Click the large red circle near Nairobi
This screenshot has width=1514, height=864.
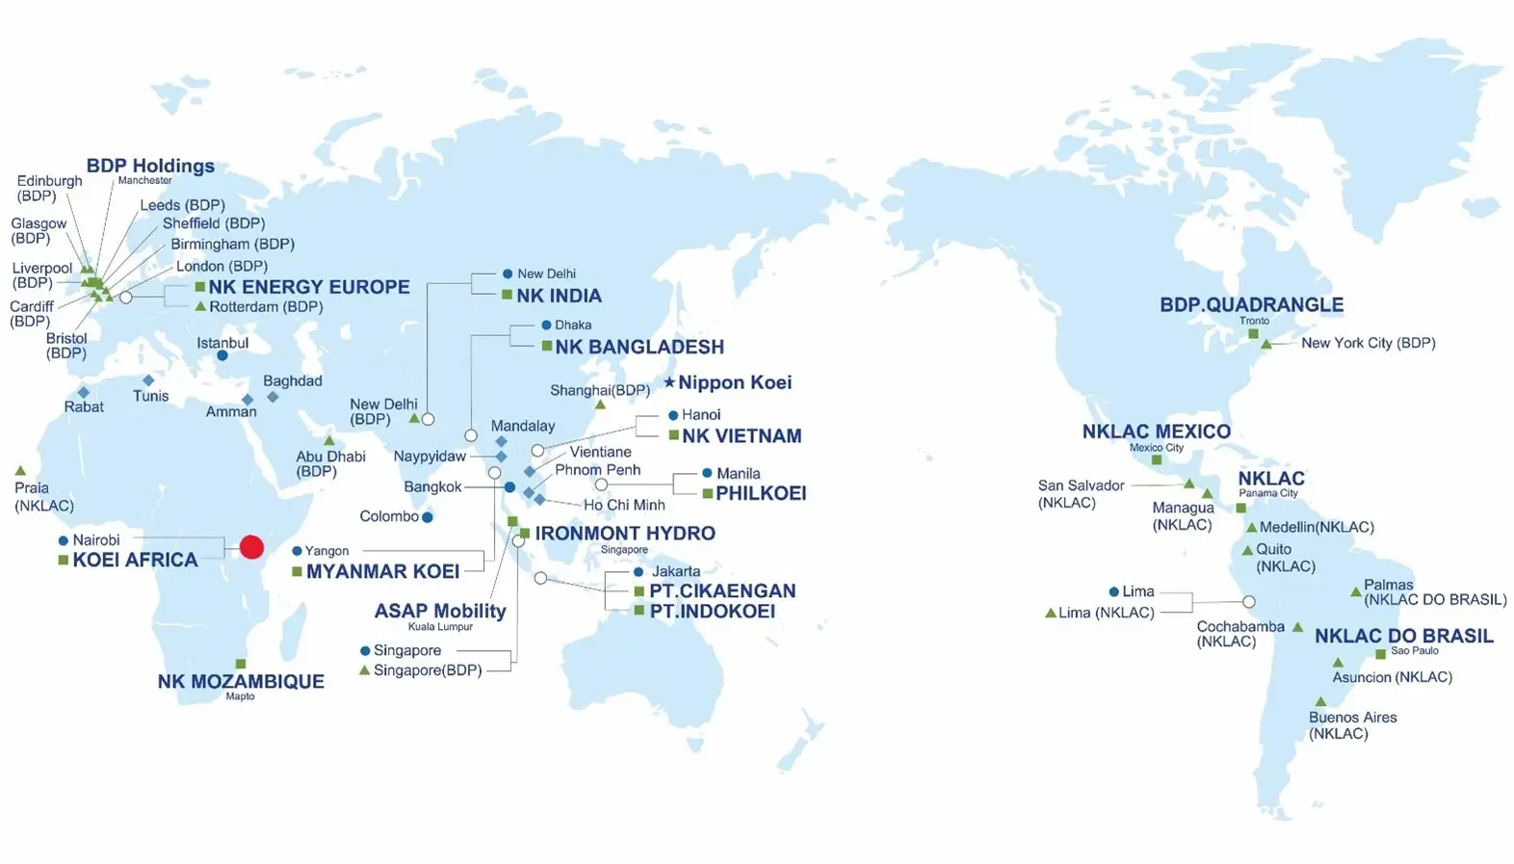point(251,547)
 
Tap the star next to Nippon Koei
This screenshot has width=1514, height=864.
point(669,382)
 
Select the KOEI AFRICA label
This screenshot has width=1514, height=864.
point(135,560)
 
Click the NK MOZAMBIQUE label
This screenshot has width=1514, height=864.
point(241,681)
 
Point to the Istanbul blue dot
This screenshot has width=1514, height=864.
point(222,355)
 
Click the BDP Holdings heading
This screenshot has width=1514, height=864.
point(150,166)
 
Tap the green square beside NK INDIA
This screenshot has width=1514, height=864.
point(507,295)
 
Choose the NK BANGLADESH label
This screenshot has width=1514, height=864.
point(639,347)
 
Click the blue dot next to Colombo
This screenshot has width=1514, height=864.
point(428,517)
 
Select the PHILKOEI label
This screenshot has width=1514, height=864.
point(761,493)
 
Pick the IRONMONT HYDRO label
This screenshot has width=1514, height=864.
point(625,533)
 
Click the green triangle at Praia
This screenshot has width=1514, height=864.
point(20,470)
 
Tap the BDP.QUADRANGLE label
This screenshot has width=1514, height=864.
point(1251,304)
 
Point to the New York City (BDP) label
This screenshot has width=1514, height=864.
point(1368,343)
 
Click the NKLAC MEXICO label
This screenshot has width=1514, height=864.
point(1156,432)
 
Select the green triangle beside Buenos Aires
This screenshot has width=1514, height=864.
point(1320,701)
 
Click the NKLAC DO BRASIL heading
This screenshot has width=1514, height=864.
point(1403,636)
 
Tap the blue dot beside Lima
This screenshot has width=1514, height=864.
point(1113,591)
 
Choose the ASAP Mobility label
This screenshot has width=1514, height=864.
point(440,611)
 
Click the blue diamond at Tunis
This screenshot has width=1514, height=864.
point(148,380)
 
